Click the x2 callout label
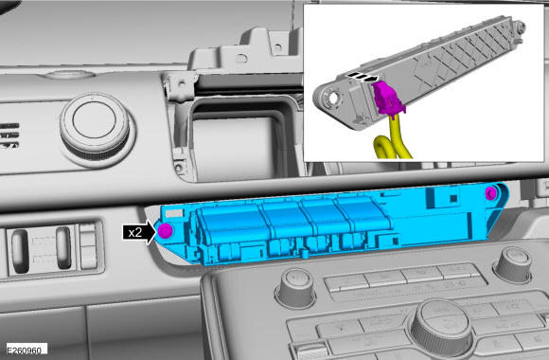pyautogui.click(x=135, y=232)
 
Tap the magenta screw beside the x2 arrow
pyautogui.click(x=165, y=230)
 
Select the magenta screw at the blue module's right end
pyautogui.click(x=491, y=192)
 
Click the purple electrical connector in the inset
pyautogui.click(x=387, y=98)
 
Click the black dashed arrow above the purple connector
pyautogui.click(x=363, y=77)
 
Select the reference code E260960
pyautogui.click(x=25, y=351)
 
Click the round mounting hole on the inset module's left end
pyautogui.click(x=332, y=98)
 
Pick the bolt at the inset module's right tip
pyautogui.click(x=520, y=27)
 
